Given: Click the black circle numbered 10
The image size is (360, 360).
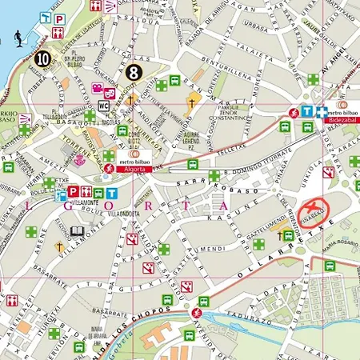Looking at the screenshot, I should (42, 58).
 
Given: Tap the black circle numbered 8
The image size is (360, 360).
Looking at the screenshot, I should (134, 73).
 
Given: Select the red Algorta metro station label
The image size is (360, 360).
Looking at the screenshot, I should (134, 169).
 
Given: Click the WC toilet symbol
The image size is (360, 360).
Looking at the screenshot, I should (104, 106).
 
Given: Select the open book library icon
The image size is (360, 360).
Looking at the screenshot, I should (77, 232).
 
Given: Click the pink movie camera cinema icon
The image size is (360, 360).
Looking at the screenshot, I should (97, 88).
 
